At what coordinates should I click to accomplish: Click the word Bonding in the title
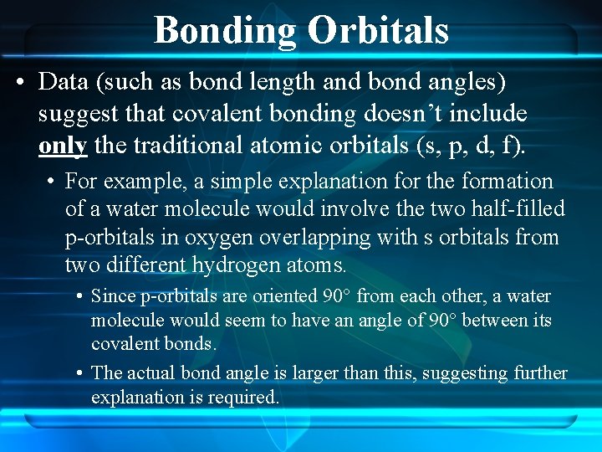[x=225, y=30]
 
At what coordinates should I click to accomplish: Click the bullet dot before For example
[x=53, y=182]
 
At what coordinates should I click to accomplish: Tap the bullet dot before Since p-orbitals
[x=79, y=296]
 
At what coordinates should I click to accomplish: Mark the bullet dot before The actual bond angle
[x=79, y=373]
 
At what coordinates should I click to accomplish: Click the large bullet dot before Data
[x=23, y=83]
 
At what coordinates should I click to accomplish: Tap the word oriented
[x=286, y=296]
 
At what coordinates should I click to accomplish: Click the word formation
[x=508, y=182]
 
